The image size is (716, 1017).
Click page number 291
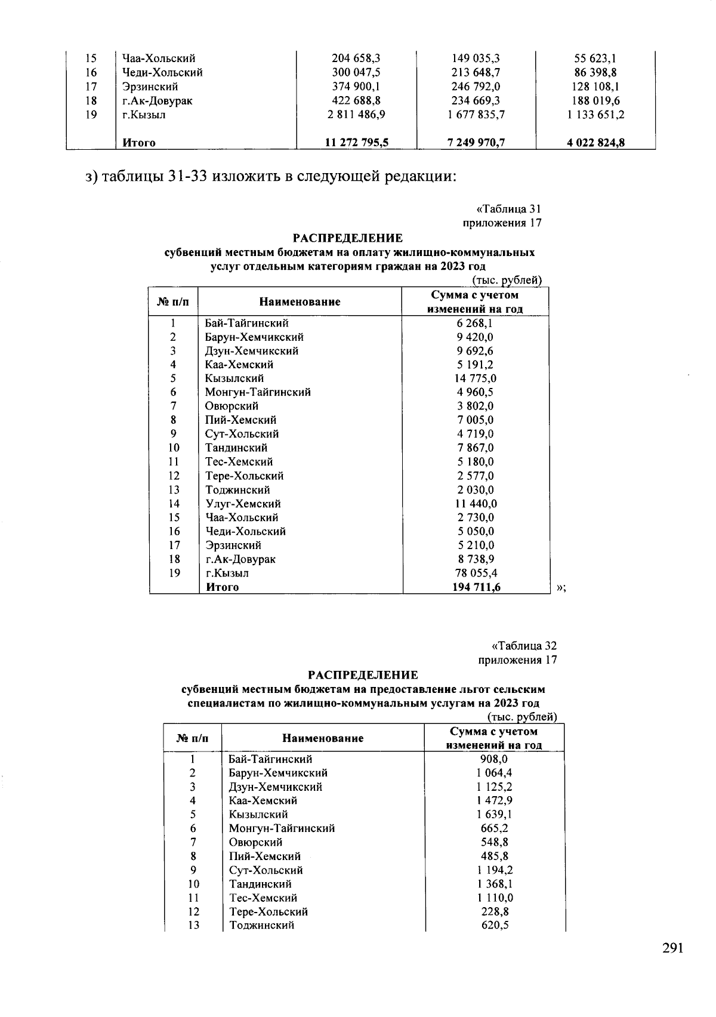672,948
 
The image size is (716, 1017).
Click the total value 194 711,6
476,587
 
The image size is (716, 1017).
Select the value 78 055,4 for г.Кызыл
476,574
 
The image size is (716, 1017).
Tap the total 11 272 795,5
356,143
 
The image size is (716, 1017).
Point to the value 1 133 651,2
595,115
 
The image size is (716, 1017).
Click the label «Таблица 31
508,209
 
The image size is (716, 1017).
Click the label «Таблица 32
524,646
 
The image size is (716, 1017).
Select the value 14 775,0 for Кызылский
476,378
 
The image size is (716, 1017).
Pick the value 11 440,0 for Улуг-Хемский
476,504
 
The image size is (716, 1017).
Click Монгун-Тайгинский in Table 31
258,392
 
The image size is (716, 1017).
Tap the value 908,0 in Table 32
494,759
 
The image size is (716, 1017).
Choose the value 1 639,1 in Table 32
494,815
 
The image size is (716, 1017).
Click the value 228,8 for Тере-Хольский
494,912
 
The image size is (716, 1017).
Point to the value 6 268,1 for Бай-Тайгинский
476,323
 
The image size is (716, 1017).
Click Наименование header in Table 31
300,302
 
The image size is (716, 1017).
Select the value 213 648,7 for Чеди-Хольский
476,73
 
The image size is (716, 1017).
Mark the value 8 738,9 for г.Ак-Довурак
476,559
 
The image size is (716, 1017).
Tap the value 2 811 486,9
356,115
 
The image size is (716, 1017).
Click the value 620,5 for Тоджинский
494,926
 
